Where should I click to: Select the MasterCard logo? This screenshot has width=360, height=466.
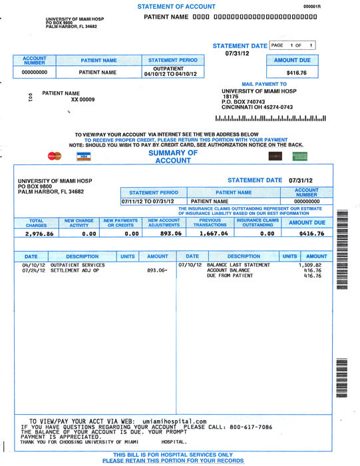54,156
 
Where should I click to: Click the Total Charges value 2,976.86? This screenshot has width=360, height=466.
37,234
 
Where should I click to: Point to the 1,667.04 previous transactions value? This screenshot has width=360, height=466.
214,234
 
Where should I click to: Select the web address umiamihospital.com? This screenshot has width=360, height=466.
174,421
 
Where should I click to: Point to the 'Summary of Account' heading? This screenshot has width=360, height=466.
173,156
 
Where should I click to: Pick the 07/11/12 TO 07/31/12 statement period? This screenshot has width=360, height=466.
148,200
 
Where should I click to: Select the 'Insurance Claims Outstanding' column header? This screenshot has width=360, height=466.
258,222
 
